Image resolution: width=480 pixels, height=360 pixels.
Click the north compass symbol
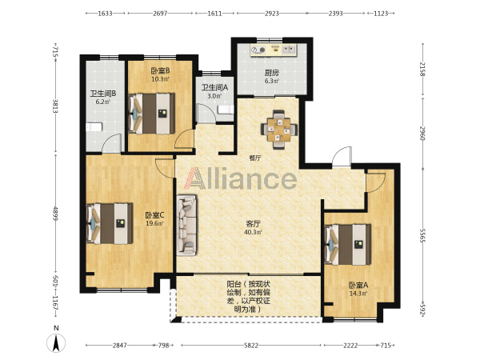(x=56, y=343)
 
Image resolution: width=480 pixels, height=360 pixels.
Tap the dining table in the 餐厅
(x=279, y=130)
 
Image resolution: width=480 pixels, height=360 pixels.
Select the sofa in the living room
(x=186, y=225)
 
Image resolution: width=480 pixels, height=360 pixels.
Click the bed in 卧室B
(x=151, y=114)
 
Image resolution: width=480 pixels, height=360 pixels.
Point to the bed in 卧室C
(x=110, y=223)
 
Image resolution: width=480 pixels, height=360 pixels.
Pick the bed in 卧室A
(x=348, y=244)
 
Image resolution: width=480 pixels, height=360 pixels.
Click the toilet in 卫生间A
(x=226, y=110)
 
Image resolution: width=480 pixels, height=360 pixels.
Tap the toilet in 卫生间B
(x=94, y=127)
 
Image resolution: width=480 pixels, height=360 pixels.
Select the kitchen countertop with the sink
(x=274, y=50)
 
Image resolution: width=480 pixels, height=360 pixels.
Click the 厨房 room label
(x=272, y=73)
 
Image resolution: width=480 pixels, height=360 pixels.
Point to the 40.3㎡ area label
(x=253, y=232)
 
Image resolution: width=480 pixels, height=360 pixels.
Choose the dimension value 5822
(x=251, y=346)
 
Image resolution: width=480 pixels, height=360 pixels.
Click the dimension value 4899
(x=55, y=214)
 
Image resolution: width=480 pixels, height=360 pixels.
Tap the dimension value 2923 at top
(x=272, y=13)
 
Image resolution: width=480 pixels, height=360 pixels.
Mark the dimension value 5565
(x=422, y=235)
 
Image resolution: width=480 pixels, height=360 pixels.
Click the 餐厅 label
(x=255, y=158)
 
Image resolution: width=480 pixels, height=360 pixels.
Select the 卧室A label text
(x=358, y=286)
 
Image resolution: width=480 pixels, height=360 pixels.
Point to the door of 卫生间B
(x=112, y=143)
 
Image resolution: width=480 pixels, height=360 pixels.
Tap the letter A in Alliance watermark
(x=195, y=178)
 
